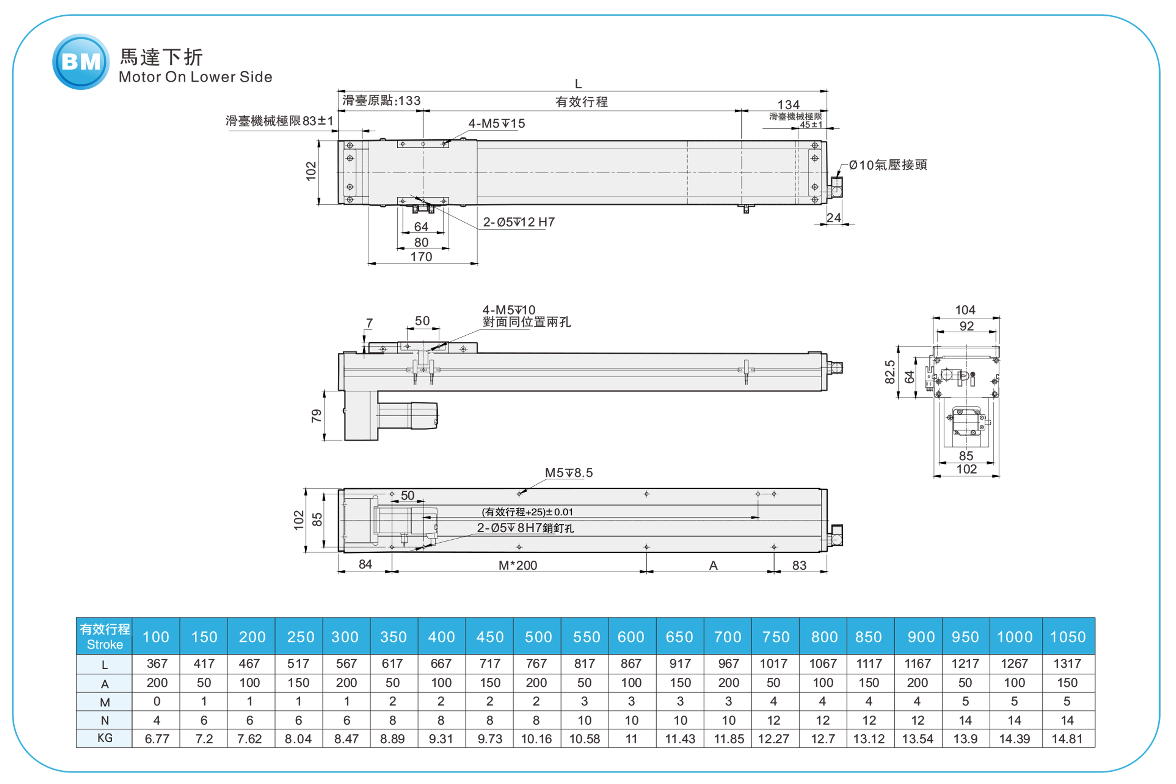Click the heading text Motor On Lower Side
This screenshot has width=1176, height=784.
pyautogui.click(x=195, y=77)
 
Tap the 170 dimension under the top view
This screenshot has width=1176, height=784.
pyautogui.click(x=421, y=257)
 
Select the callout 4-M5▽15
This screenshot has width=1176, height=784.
pyautogui.click(x=496, y=124)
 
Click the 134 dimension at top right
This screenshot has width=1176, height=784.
pyautogui.click(x=789, y=105)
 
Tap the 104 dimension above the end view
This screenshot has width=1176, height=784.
pyautogui.click(x=965, y=310)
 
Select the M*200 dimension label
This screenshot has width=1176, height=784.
pyautogui.click(x=518, y=565)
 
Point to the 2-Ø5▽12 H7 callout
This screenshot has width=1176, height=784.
pyautogui.click(x=519, y=222)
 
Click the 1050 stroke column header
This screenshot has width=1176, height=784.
pyautogui.click(x=1067, y=637)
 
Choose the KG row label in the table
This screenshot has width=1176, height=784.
pyautogui.click(x=105, y=738)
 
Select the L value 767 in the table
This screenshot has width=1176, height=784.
pyautogui.click(x=536, y=664)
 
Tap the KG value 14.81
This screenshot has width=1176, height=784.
pyautogui.click(x=1067, y=738)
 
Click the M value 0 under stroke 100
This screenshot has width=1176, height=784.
pyautogui.click(x=156, y=701)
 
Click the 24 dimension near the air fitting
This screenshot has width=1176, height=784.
pyautogui.click(x=833, y=218)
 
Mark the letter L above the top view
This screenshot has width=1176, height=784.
pyautogui.click(x=578, y=84)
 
